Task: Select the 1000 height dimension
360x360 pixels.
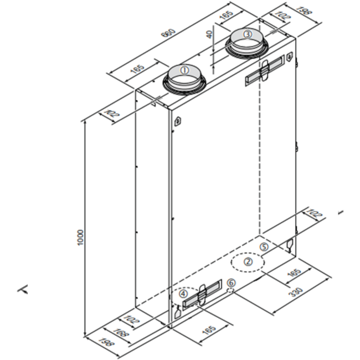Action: (80, 238)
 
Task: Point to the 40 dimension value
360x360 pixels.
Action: (209, 34)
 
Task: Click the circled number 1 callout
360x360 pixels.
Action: (185, 70)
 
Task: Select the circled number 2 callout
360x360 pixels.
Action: (249, 261)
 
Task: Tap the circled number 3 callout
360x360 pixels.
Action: (247, 35)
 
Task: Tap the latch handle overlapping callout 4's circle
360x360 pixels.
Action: (202, 295)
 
